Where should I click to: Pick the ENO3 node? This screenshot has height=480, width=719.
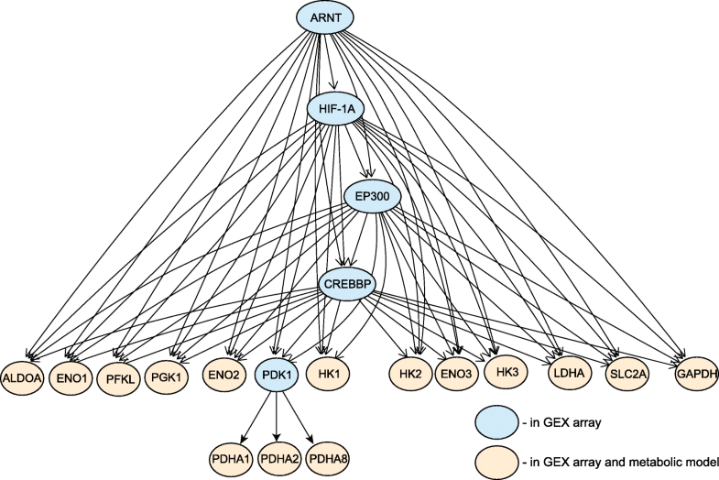pos(456,376)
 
